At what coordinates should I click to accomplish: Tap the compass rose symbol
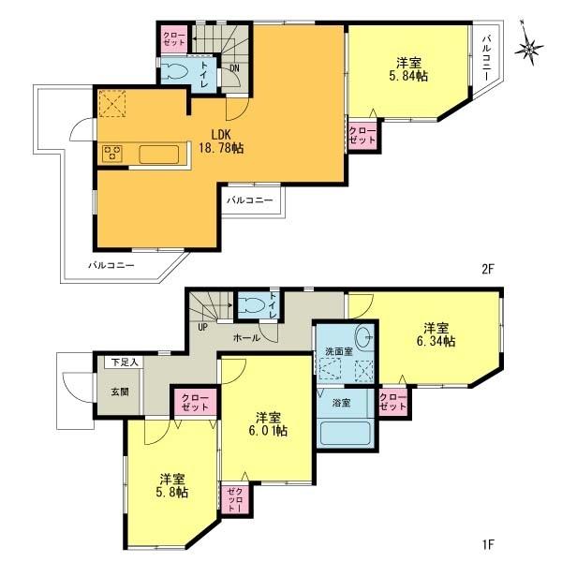tap(533, 47)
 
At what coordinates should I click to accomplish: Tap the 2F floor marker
tap(487, 268)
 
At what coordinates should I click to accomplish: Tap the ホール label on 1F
tap(246, 337)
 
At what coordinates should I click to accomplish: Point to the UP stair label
tap(201, 327)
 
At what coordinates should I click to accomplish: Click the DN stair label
tap(234, 67)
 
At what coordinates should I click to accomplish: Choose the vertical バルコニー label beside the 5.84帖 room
tap(488, 60)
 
